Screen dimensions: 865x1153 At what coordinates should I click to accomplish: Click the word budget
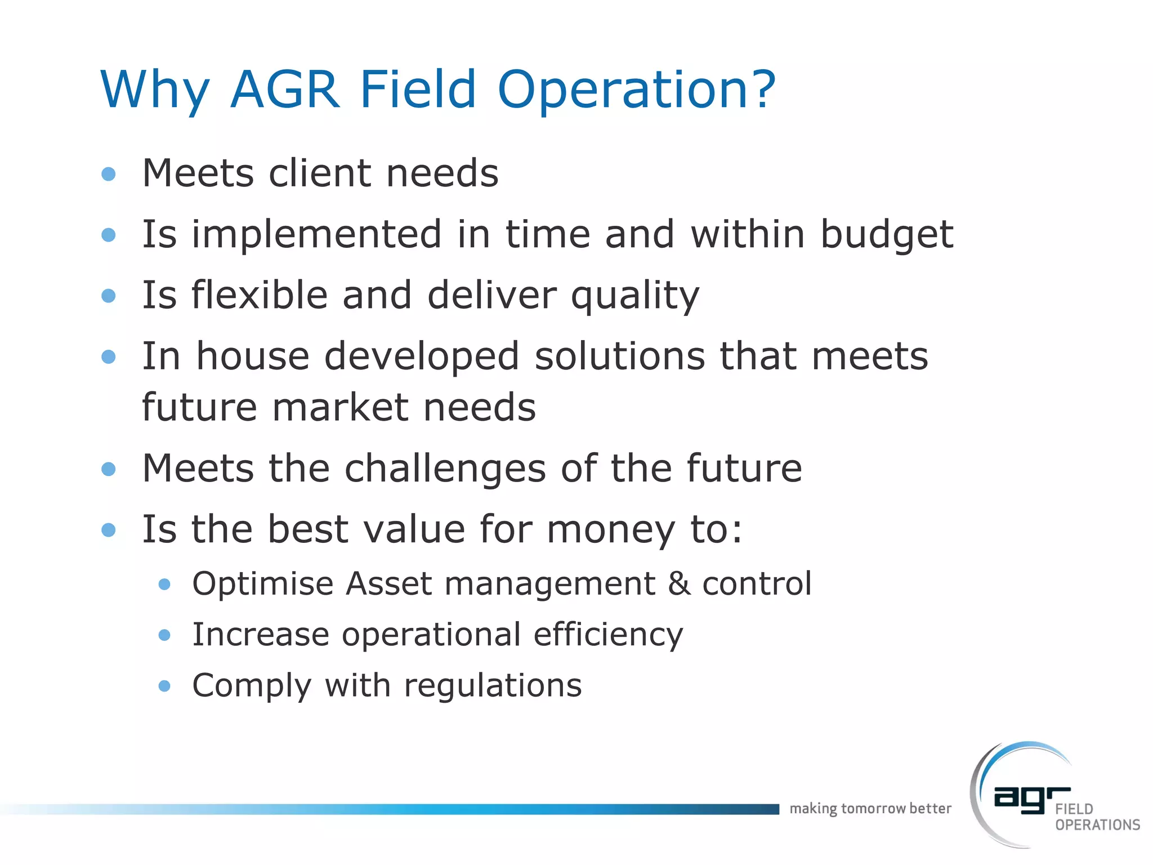(x=886, y=235)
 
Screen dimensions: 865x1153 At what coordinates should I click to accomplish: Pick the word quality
(x=634, y=296)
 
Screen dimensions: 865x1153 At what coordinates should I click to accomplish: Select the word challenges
(x=445, y=469)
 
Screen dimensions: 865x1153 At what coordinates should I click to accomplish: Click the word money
(x=610, y=530)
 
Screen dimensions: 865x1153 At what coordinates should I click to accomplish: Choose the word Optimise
(x=263, y=584)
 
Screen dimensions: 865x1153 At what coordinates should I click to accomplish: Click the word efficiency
(x=608, y=635)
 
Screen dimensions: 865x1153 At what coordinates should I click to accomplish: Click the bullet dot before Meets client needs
(x=109, y=173)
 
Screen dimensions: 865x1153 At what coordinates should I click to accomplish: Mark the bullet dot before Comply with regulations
(x=164, y=686)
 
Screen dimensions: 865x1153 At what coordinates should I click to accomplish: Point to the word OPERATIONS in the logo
(x=1097, y=825)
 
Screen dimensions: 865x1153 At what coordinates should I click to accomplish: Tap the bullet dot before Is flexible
(x=109, y=296)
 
